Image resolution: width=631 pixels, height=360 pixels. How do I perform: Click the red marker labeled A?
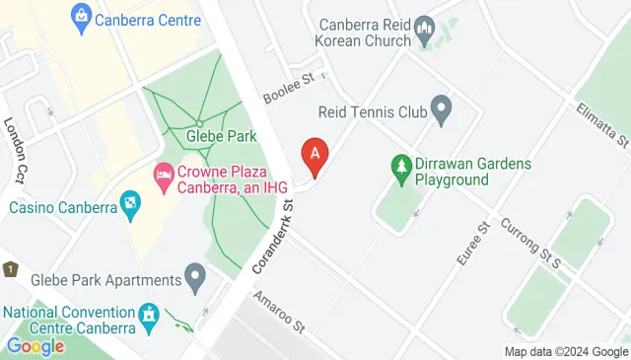[315, 156]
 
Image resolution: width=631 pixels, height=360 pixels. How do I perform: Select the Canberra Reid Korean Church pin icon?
[425, 26]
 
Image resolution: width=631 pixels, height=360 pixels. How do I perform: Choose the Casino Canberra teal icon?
[129, 206]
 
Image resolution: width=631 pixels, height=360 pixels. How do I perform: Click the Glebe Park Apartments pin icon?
[195, 277]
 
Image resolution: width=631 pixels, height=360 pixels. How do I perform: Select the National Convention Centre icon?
[149, 316]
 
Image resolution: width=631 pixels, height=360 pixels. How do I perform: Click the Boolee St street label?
[287, 89]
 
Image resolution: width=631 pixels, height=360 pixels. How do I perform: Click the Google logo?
[35, 346]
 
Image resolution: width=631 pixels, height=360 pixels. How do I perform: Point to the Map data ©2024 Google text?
[566, 351]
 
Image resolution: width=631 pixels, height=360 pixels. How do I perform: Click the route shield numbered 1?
[9, 268]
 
